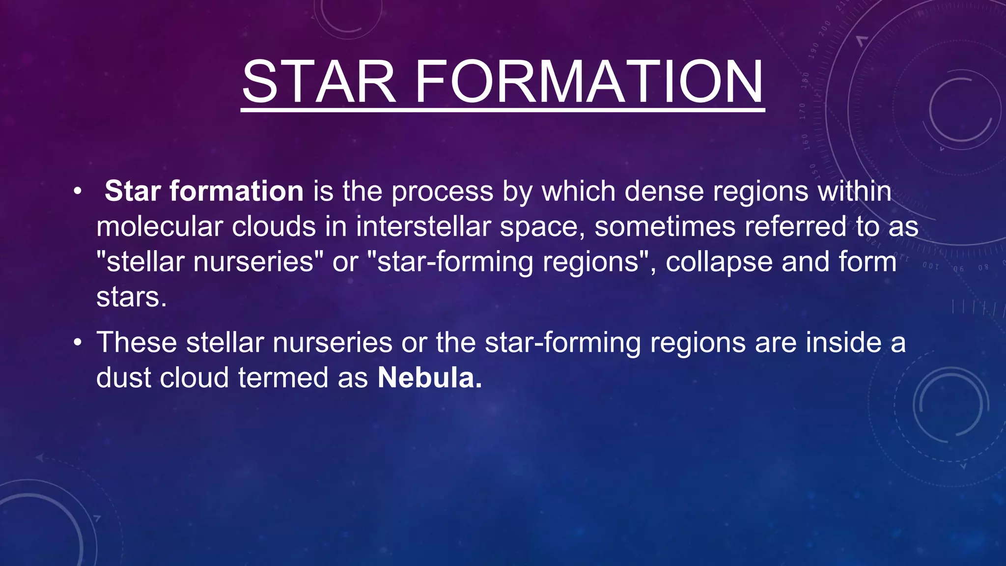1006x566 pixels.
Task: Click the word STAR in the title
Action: (x=319, y=82)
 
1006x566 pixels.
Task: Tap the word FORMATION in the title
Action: (x=589, y=82)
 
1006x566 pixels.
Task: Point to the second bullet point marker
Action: (x=77, y=342)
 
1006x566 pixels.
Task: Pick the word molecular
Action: (x=159, y=226)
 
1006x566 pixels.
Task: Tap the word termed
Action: (x=282, y=378)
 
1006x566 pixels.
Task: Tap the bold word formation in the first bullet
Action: (x=236, y=191)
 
